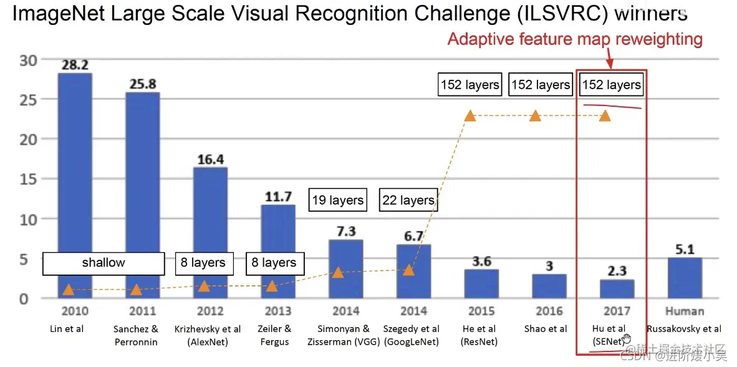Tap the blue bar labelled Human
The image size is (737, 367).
[684, 277]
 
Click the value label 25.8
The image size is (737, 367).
[142, 83]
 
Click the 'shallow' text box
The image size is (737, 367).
[104, 263]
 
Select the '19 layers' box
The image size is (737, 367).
[337, 200]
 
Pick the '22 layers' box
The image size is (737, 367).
[408, 200]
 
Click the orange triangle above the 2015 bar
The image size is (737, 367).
[470, 115]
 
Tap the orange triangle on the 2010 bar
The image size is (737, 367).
[68, 289]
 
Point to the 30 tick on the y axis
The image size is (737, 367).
[29, 60]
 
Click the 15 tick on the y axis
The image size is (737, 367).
[29, 179]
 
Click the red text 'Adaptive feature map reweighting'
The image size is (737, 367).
[575, 39]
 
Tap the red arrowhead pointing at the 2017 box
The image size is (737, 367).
[610, 65]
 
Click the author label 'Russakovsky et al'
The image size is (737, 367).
[684, 329]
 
